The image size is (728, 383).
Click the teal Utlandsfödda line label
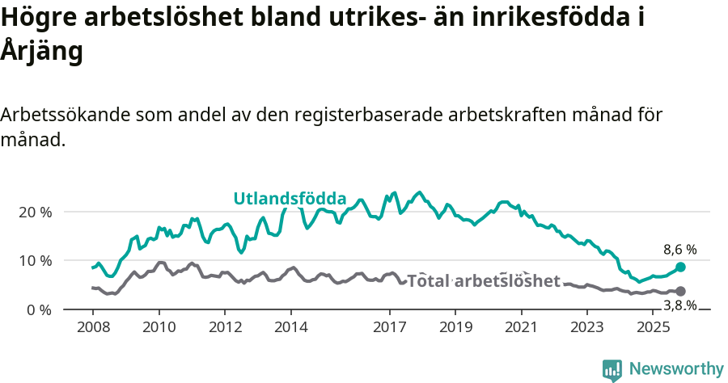[x=290, y=199]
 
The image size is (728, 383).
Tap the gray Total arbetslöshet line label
[x=483, y=281]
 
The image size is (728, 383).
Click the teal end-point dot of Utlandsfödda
[x=680, y=267]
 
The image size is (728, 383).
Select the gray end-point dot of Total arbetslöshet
[x=680, y=291]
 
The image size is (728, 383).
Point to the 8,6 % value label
[x=679, y=250]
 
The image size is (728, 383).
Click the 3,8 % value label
[x=679, y=305]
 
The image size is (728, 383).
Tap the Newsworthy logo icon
[x=612, y=370]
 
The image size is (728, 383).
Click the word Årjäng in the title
[x=42, y=52]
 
